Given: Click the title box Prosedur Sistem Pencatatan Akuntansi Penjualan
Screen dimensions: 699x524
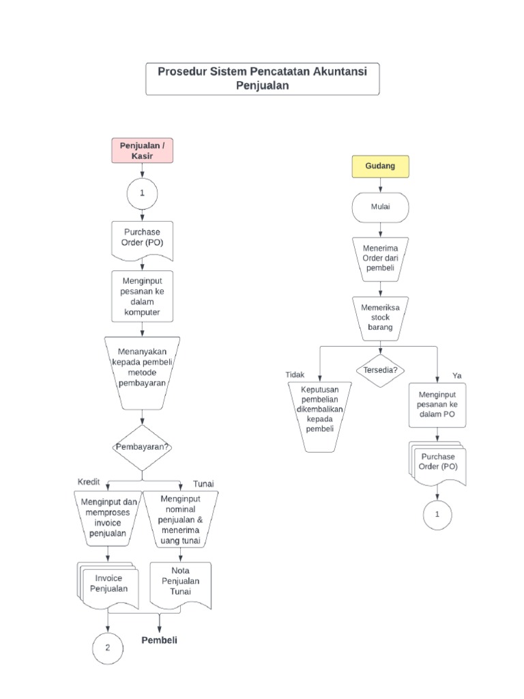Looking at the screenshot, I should [x=263, y=79].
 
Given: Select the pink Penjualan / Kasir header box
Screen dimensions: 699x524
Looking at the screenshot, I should [x=142, y=151].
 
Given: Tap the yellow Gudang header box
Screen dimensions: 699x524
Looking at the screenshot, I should [x=380, y=166].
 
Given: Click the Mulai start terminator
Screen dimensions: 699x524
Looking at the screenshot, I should [x=380, y=208].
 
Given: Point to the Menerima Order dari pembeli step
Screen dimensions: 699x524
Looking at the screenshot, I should [x=380, y=259].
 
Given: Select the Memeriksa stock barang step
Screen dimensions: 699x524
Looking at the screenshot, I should [x=380, y=317].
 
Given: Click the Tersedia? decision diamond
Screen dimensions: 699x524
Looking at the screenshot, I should [x=380, y=370].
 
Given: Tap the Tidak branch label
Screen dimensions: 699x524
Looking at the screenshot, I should [x=295, y=375].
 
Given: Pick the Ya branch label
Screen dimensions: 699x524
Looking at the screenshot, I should [x=456, y=376].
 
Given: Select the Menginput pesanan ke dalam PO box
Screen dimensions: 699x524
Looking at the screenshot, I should [x=437, y=405].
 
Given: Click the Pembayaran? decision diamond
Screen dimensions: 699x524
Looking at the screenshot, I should [x=142, y=447].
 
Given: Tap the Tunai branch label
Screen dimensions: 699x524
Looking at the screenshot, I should [x=203, y=483].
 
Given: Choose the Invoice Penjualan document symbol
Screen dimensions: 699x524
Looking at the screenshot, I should [x=109, y=585].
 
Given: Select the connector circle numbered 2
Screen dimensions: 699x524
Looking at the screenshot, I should [x=108, y=647].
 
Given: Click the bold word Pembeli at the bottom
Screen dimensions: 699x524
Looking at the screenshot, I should [x=159, y=641].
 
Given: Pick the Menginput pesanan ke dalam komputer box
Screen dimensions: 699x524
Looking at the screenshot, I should [x=142, y=296].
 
